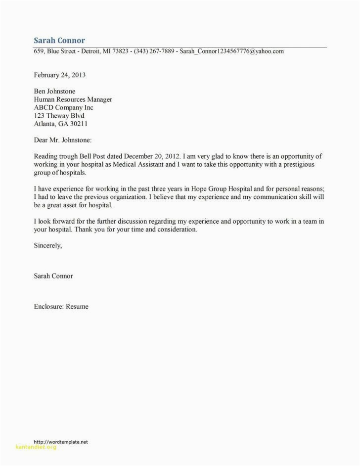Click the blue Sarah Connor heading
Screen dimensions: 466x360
(59, 40)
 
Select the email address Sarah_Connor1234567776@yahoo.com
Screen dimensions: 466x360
(231, 51)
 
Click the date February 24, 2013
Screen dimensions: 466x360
(59, 75)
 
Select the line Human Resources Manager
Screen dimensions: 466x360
(73, 99)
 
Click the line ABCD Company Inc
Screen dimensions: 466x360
(63, 107)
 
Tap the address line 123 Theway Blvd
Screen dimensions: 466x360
(60, 116)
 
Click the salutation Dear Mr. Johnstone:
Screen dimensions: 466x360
(62, 140)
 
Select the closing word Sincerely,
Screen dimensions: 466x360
(48, 245)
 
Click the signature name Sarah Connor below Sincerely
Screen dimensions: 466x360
(53, 276)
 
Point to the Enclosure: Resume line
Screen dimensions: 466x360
(61, 306)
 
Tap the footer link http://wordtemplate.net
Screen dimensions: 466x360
(60, 441)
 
